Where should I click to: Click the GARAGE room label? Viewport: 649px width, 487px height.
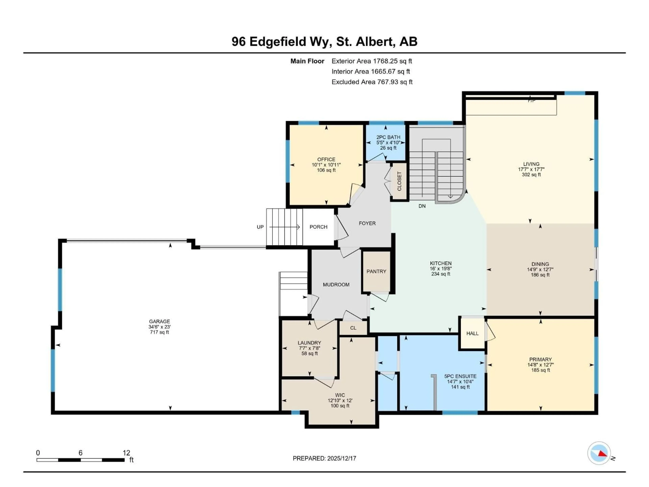pyautogui.click(x=159, y=321)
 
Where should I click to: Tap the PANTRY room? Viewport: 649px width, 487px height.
pyautogui.click(x=376, y=272)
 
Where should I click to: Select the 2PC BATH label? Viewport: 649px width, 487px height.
pyautogui.click(x=388, y=137)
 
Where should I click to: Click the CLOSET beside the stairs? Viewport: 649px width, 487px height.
pyautogui.click(x=399, y=181)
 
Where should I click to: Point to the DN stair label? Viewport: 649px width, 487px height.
pyautogui.click(x=422, y=206)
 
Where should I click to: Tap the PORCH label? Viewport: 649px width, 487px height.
pyautogui.click(x=318, y=227)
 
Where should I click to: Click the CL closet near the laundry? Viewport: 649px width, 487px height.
pyautogui.click(x=353, y=328)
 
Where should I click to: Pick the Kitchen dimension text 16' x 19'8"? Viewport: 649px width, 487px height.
pyautogui.click(x=441, y=269)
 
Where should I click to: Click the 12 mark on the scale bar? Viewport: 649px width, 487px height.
pyautogui.click(x=126, y=453)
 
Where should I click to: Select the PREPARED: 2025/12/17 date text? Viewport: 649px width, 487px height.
pyautogui.click(x=324, y=459)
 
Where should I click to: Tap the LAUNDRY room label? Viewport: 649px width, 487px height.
pyautogui.click(x=309, y=343)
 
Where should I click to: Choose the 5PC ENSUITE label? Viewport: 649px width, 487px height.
pyautogui.click(x=460, y=376)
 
